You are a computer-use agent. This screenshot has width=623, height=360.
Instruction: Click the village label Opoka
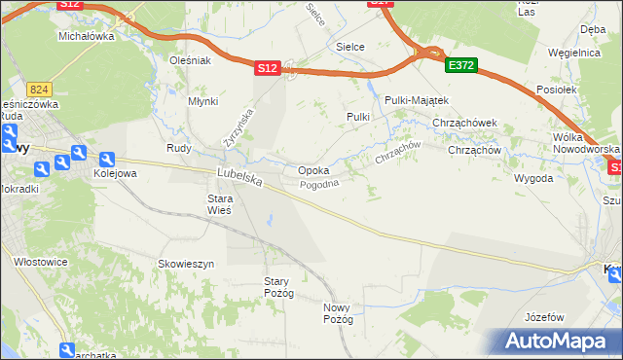(x=312, y=170)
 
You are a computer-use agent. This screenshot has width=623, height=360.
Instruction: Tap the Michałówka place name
(x=87, y=36)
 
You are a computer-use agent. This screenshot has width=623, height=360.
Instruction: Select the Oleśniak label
(x=191, y=60)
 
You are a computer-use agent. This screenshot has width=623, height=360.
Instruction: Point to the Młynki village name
(x=202, y=101)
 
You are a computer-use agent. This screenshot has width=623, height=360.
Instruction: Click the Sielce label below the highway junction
(x=350, y=46)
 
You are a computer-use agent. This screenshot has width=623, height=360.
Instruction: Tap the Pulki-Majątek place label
(x=416, y=100)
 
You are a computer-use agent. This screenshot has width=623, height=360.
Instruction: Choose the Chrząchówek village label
(x=465, y=123)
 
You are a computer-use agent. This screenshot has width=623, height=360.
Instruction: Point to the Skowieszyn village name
(x=186, y=264)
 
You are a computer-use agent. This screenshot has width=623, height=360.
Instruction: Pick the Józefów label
(x=544, y=317)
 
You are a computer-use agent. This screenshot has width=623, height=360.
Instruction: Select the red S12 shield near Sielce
(x=269, y=68)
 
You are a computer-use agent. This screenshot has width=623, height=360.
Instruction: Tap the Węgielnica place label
(x=573, y=53)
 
